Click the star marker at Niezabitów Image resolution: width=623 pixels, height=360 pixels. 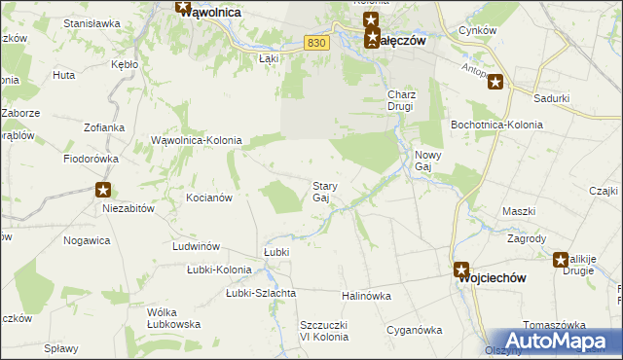pos(103,190)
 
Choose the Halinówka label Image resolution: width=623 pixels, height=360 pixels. pos(366,295)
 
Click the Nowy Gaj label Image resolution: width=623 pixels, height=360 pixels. pos(429,161)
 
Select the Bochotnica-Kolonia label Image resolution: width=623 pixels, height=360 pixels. pos(489,125)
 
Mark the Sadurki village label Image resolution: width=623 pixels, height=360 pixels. pos(552,98)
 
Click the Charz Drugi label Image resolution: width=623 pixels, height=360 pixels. pos(401,100)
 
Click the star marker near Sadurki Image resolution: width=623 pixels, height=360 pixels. pos(496,83)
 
